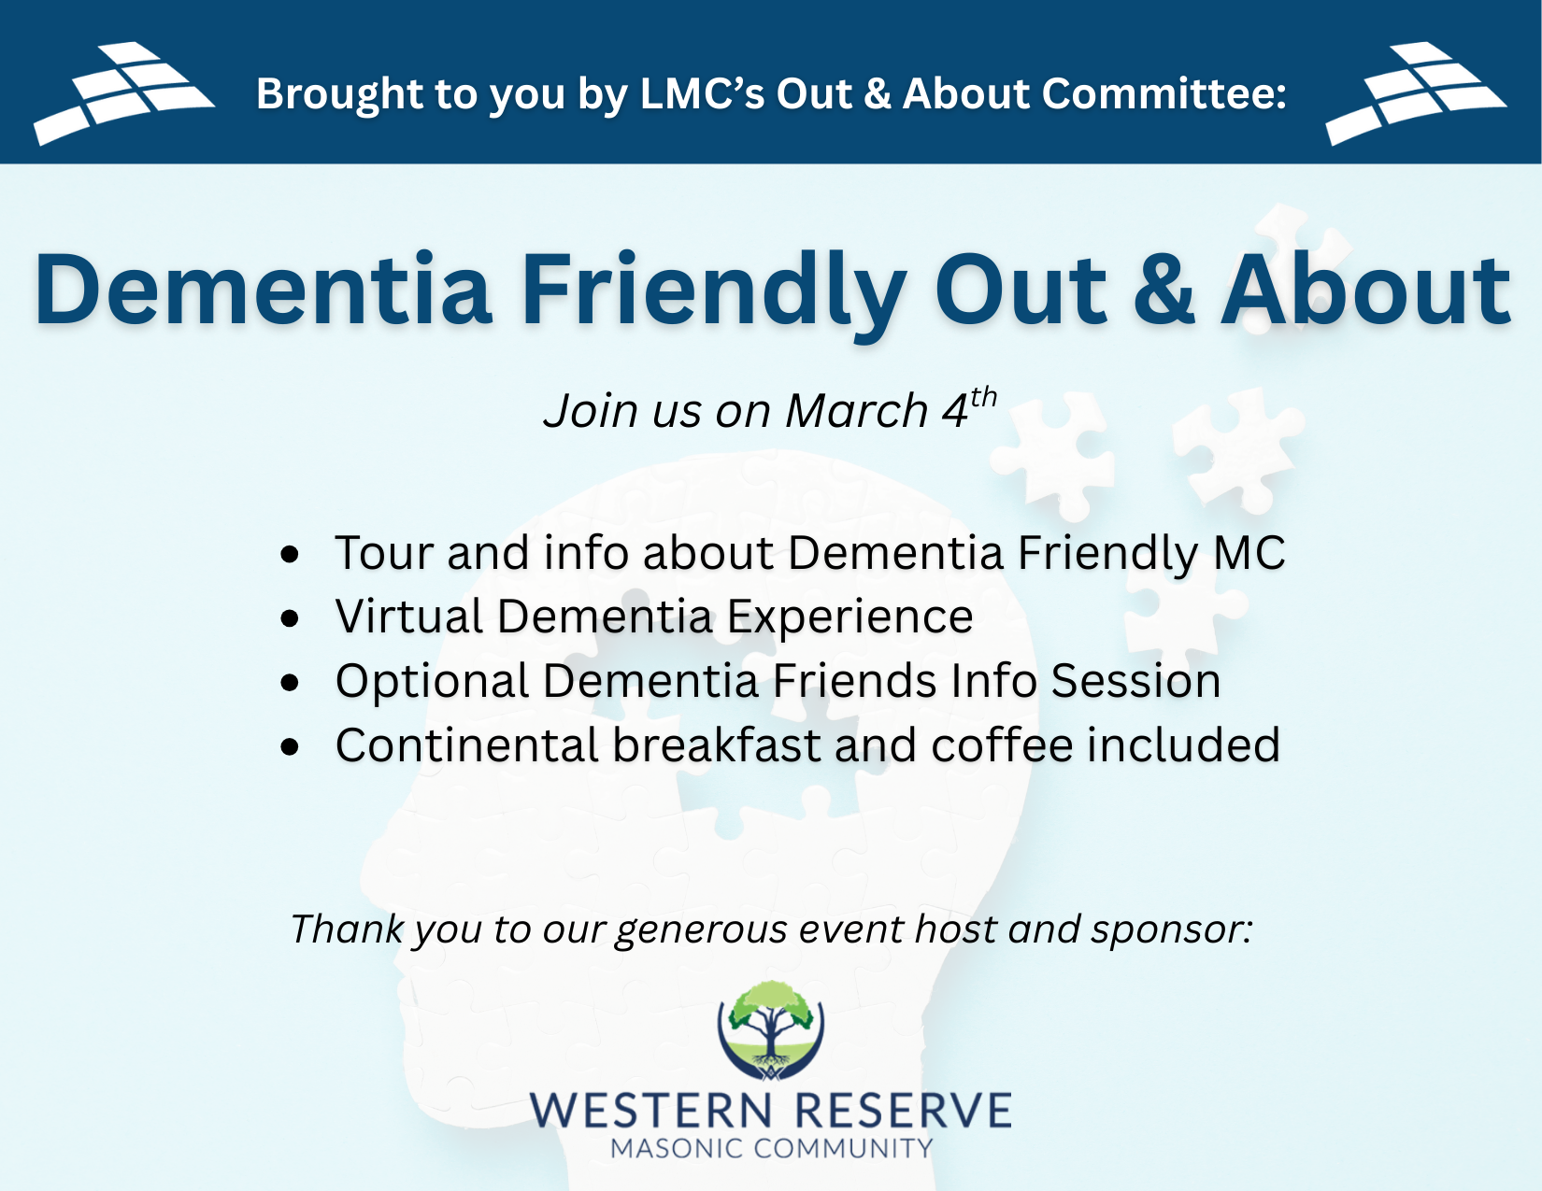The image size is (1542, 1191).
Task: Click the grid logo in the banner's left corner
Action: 123,92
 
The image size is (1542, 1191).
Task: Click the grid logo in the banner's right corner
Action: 1416,92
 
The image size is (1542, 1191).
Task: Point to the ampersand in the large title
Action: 1164,291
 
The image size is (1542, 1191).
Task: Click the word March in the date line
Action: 856,410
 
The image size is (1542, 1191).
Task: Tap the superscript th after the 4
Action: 983,397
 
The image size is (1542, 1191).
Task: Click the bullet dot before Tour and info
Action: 290,554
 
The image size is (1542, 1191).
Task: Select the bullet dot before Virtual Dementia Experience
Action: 290,617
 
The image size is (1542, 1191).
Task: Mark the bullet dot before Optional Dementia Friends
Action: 290,683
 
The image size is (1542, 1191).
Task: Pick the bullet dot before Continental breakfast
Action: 290,746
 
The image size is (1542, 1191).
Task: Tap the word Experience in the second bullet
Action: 850,617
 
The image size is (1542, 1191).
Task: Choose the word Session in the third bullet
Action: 1135,681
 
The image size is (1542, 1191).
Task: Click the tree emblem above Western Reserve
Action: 771,1030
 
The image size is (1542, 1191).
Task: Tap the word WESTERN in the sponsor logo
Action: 650,1110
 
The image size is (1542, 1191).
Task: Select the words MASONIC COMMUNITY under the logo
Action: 771,1148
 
